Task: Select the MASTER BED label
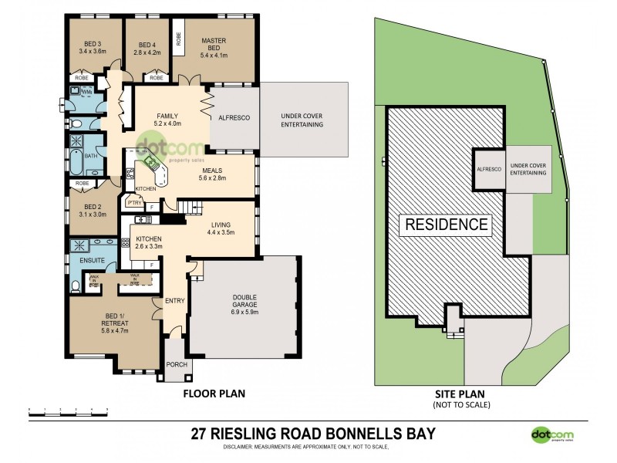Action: coord(213,45)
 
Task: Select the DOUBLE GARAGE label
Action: coord(243,299)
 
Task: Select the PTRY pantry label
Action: coord(134,204)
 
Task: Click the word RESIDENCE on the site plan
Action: coord(443,225)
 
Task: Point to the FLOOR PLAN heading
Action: coord(214,394)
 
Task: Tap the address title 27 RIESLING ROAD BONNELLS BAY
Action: coord(308,433)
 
